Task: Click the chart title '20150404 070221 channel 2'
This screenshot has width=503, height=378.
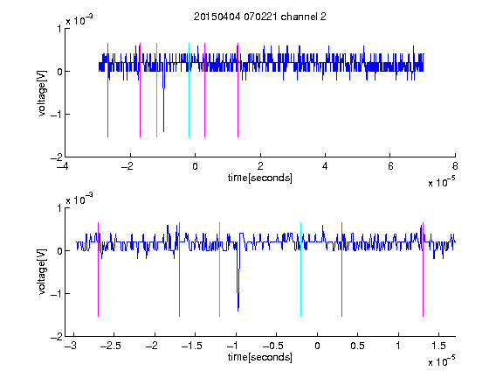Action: point(260,17)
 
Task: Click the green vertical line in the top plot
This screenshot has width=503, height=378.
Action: point(156,90)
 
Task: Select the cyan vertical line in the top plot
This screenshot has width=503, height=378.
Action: point(189,90)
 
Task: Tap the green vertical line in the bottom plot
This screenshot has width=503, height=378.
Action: point(219,269)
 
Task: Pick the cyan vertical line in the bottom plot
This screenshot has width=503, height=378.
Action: point(300,269)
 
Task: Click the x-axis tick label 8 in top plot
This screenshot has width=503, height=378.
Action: point(455,166)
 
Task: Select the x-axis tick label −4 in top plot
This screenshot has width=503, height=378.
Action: point(63,166)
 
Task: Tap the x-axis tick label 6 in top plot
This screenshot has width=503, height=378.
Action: point(390,166)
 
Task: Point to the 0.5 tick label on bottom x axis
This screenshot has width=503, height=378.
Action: point(357,346)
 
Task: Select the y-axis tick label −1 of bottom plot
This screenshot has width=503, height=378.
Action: point(56,293)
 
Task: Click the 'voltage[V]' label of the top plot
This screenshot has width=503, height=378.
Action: point(42,93)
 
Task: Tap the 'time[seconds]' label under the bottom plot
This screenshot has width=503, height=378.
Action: point(260,357)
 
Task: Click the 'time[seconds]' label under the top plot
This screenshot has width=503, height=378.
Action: point(260,178)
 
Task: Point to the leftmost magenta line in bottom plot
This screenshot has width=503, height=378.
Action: point(98,269)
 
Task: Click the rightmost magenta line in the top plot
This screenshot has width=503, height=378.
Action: point(238,90)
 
